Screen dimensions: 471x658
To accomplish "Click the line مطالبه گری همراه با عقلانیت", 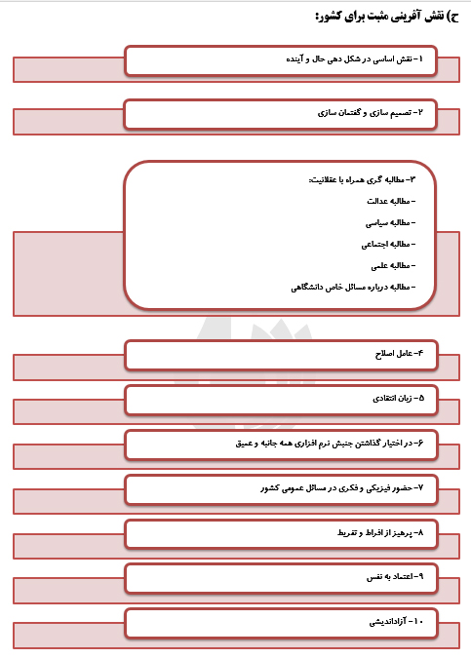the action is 361,178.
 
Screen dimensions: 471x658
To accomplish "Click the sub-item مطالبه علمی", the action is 391,265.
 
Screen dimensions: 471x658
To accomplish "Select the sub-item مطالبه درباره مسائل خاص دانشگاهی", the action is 352,287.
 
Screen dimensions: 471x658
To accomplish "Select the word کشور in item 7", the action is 270,486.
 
